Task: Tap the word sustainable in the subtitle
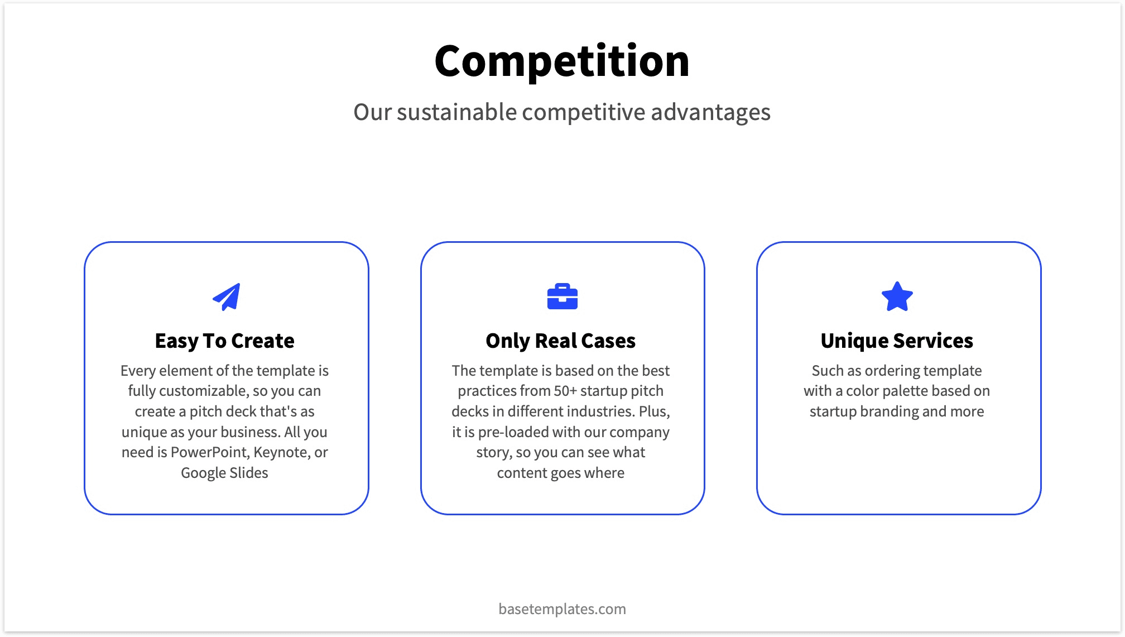(x=457, y=112)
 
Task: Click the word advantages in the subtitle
(x=710, y=112)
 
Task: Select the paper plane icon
(x=227, y=296)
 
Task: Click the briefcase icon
(x=562, y=296)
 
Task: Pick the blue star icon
(x=897, y=296)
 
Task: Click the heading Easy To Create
(x=224, y=341)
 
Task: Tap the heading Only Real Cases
(x=560, y=341)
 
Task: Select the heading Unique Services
(x=897, y=341)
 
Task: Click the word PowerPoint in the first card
(x=209, y=452)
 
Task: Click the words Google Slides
(x=224, y=473)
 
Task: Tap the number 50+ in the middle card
(x=565, y=391)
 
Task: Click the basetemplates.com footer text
(x=562, y=609)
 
